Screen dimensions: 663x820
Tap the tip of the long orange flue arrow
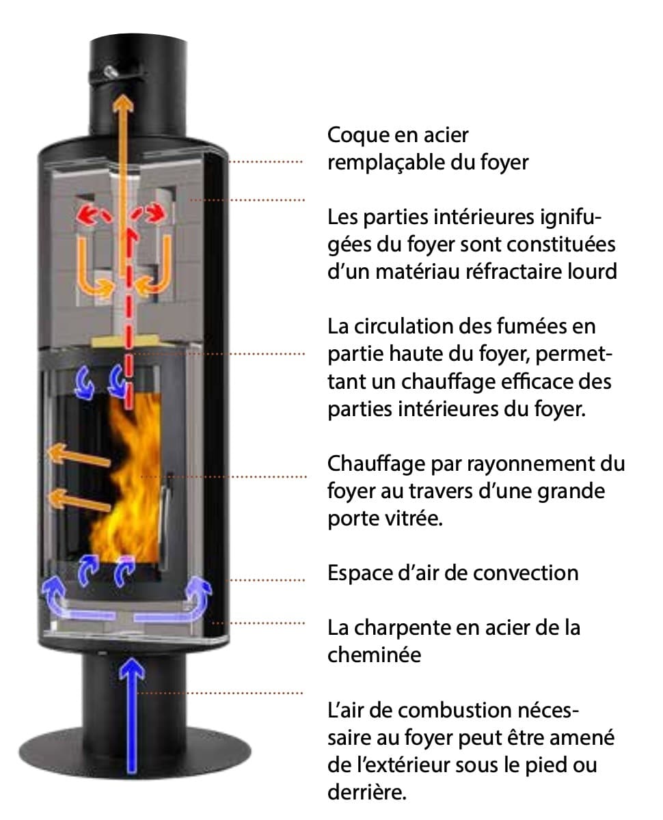123,95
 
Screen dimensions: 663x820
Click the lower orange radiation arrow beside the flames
79,500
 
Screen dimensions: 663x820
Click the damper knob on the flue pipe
111,71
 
